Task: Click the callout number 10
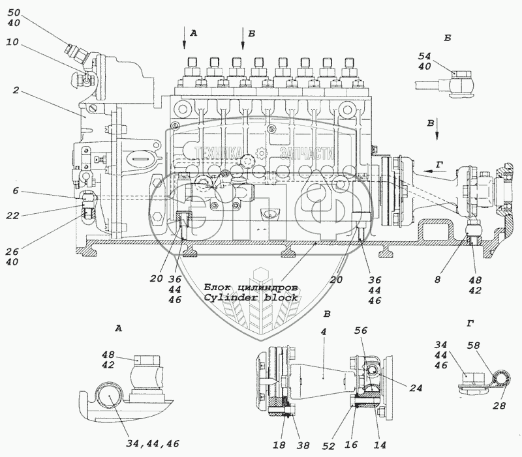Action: click(12, 42)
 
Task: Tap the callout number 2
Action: click(16, 90)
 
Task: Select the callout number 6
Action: click(16, 191)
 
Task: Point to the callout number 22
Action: click(12, 216)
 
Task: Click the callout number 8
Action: click(437, 280)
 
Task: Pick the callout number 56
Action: click(361, 331)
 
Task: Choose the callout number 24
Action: click(416, 388)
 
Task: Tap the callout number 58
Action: click(474, 346)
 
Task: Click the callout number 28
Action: click(499, 405)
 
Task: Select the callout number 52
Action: click(328, 446)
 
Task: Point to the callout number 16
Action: click(351, 445)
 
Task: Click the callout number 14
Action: click(380, 445)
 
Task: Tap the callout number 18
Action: click(279, 445)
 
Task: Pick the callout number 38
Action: click(303, 445)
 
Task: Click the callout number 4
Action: click(323, 332)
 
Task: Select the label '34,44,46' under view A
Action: click(153, 443)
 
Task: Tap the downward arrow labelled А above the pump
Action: click(184, 38)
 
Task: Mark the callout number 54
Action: click(425, 56)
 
